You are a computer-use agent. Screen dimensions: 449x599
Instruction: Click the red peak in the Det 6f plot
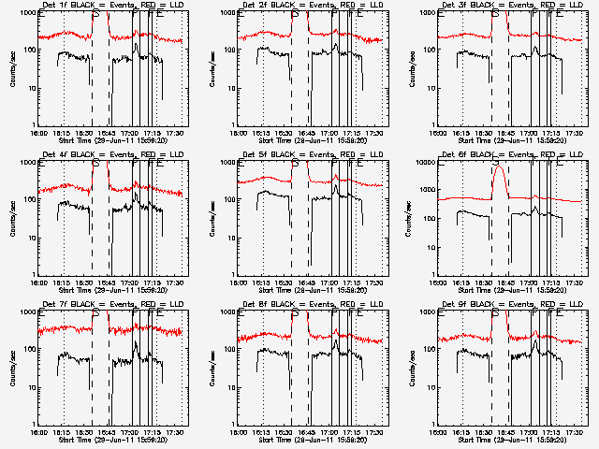(500, 169)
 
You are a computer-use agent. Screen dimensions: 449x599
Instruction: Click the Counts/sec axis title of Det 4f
(13, 218)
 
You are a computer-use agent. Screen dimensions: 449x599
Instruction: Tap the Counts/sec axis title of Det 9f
(412, 368)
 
